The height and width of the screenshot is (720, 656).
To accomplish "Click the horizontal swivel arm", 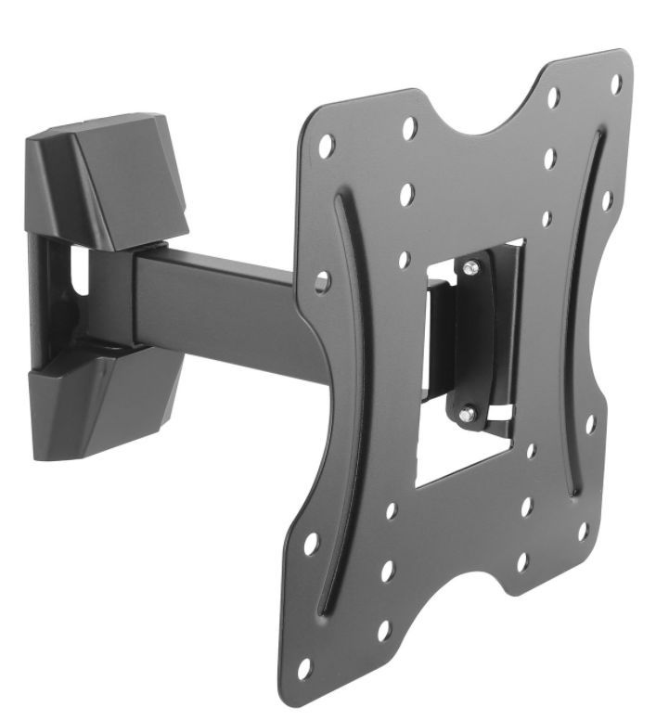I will (x=223, y=306).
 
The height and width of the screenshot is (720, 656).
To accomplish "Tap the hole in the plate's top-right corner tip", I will (x=615, y=84).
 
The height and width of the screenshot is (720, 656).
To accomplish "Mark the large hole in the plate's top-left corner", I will (x=327, y=146).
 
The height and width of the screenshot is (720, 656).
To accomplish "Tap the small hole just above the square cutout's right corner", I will (x=547, y=220).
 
